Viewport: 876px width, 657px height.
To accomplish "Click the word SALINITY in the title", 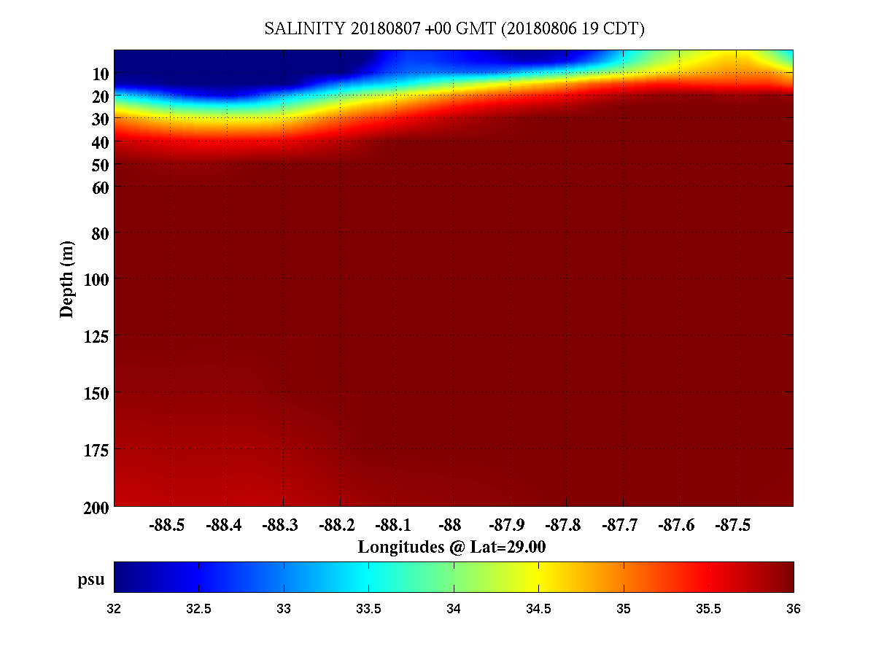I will [305, 29].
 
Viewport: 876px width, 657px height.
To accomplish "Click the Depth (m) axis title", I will [67, 279].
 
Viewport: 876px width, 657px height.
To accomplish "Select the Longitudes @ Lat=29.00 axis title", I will [452, 546].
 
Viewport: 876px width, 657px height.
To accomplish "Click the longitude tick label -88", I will [453, 525].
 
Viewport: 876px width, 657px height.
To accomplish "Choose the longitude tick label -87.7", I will [623, 525].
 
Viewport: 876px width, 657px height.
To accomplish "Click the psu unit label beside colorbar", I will [91, 580].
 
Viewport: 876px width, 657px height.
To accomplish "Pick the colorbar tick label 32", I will [115, 609].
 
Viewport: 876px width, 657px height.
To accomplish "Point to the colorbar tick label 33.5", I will [368, 609].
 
